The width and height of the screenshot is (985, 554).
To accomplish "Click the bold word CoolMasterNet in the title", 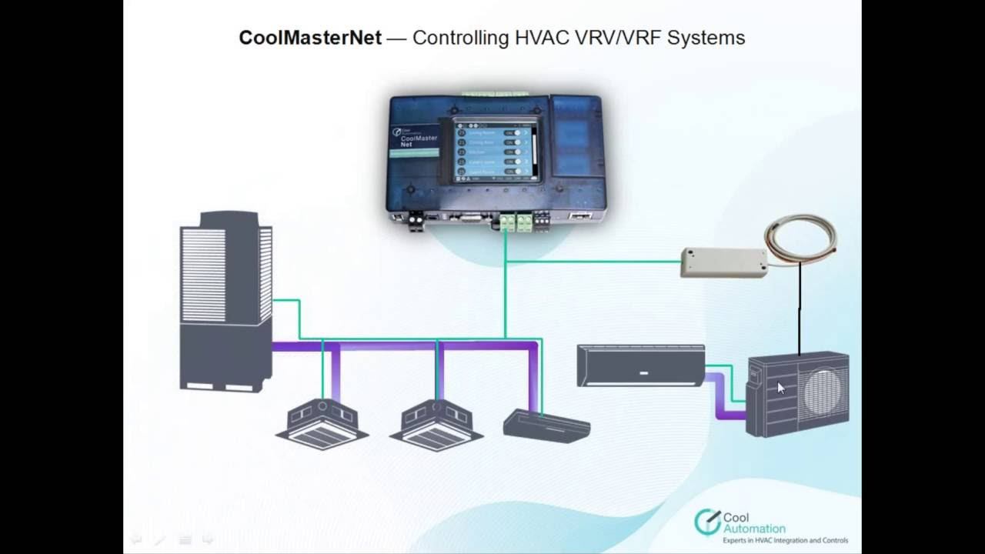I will (310, 38).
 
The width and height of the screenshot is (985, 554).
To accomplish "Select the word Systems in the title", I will (706, 38).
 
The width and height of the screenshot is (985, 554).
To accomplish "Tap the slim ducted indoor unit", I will (546, 426).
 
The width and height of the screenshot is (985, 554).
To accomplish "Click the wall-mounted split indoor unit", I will (640, 365).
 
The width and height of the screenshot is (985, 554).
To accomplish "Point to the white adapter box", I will (723, 262).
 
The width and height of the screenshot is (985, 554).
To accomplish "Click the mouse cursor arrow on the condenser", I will (780, 388).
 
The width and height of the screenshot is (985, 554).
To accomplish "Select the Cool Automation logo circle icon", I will (706, 522).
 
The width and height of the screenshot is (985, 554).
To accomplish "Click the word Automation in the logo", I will (754, 529).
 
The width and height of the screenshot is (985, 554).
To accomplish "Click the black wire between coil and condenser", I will (800, 308).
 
